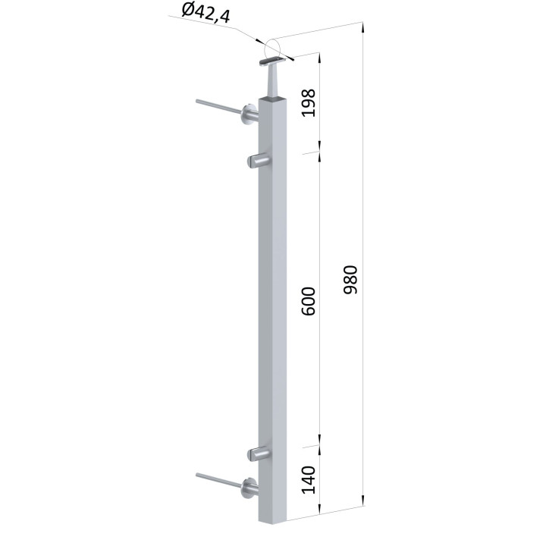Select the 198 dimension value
309,102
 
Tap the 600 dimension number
309,301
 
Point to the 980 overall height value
350,280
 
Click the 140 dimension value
309,480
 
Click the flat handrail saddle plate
273,62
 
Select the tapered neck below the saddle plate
272,81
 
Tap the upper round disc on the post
249,115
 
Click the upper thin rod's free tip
197,102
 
